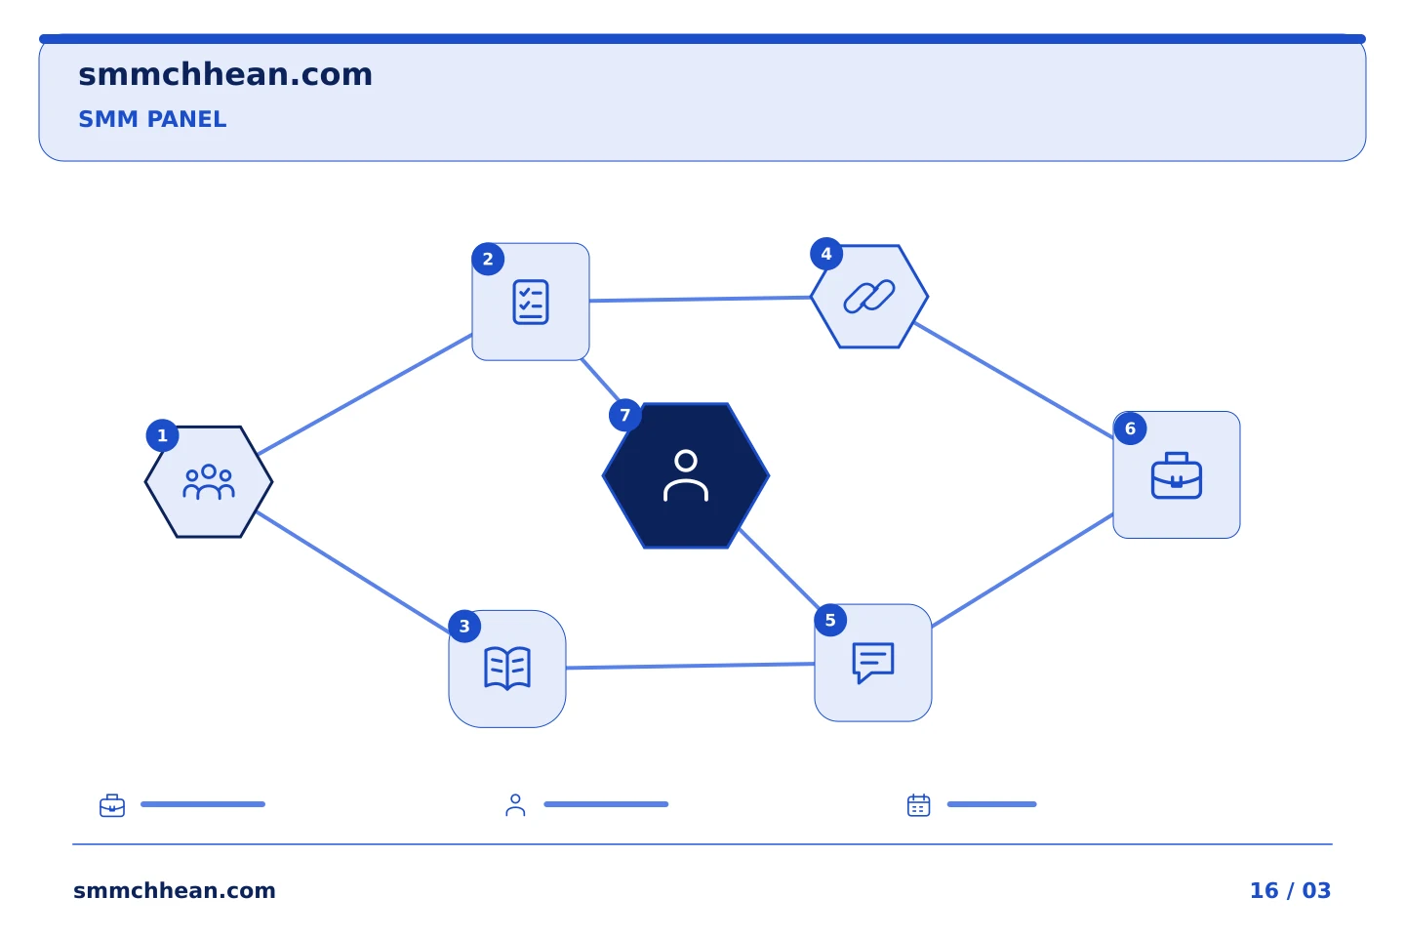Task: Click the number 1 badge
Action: (162, 435)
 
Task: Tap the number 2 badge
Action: (488, 260)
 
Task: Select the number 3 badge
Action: (464, 627)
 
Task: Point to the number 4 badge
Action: (826, 254)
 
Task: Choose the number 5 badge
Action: (830, 620)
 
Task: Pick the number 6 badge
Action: (1130, 428)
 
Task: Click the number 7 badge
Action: (624, 415)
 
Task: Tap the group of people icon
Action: (209, 482)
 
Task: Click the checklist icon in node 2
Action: (531, 302)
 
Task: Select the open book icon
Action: (507, 669)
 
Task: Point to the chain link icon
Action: (869, 296)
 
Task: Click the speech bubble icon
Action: (873, 663)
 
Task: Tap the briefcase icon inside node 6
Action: (1177, 475)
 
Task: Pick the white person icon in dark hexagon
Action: (686, 475)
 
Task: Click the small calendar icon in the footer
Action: (919, 804)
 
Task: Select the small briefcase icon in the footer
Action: (112, 805)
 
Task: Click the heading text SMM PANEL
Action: (152, 119)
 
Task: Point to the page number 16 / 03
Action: (1290, 890)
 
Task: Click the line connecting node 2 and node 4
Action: (700, 300)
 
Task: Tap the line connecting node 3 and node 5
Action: (690, 666)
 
